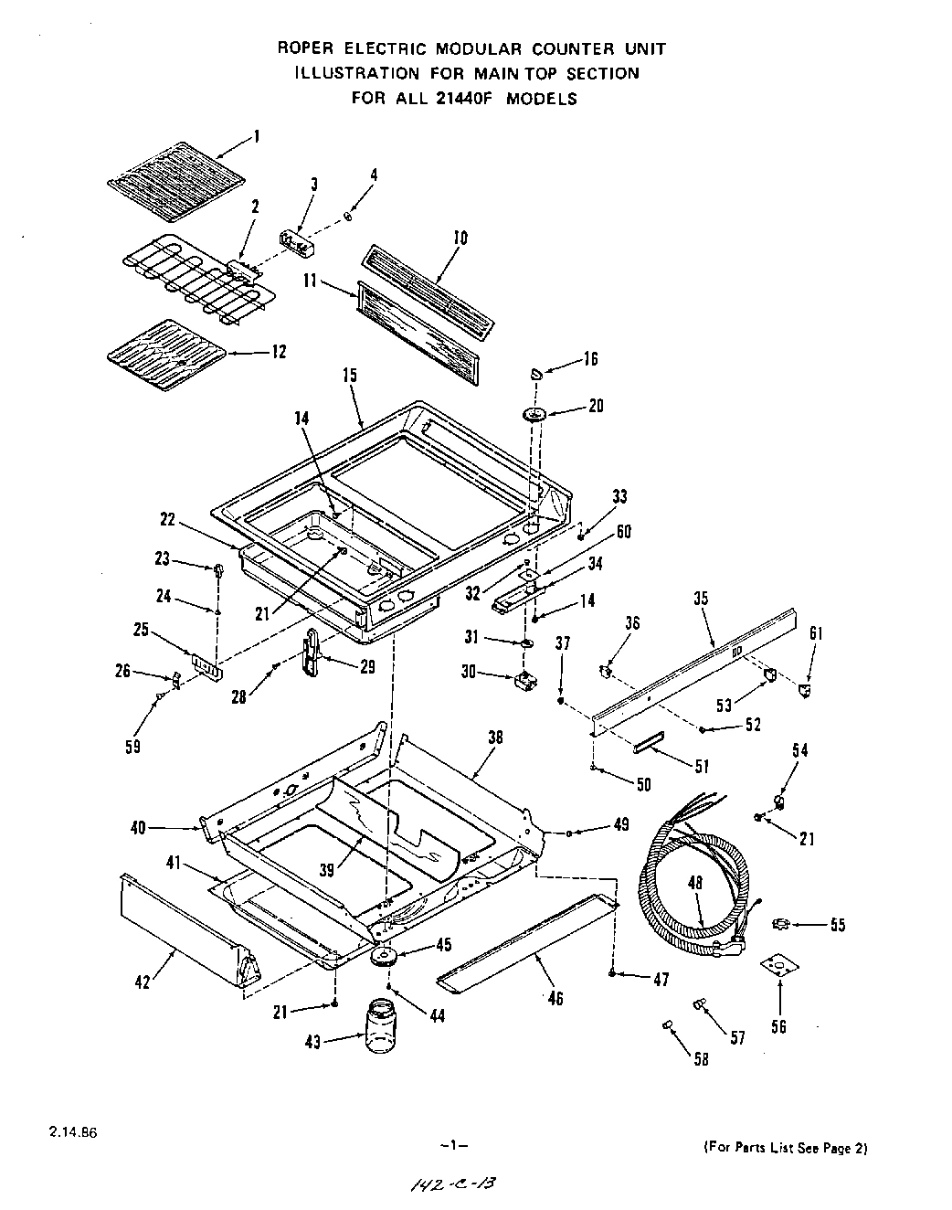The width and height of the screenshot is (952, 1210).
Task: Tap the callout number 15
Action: click(350, 376)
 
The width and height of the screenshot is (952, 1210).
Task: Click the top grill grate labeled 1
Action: click(176, 175)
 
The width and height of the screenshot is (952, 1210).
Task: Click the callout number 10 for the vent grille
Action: click(460, 238)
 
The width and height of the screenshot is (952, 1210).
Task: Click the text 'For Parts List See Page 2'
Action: click(783, 1148)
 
